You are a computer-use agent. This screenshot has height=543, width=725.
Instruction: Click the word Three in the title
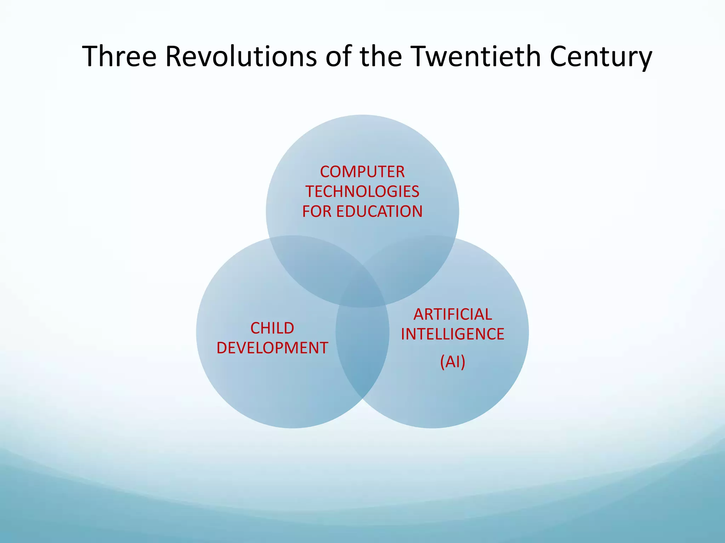coord(119,57)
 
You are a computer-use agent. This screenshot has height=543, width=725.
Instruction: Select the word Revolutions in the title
coord(241,57)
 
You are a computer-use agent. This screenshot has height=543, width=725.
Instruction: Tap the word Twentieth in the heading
coord(474,57)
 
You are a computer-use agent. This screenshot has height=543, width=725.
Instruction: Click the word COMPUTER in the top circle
coord(362,172)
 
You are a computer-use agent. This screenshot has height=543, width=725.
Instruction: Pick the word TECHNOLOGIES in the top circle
coord(362,192)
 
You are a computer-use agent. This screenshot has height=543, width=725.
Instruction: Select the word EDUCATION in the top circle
coord(379,212)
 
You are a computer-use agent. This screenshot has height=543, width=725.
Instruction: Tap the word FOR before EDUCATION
coord(317,212)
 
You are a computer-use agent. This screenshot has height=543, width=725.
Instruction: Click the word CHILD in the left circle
coord(272,328)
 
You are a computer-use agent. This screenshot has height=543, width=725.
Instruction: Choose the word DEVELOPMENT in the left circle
coord(272,348)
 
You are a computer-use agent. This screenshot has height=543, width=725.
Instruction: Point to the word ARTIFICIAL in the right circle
coord(453,315)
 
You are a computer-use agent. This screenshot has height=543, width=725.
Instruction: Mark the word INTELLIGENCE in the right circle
coord(453,334)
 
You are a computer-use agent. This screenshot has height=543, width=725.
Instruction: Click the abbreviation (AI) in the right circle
coord(453,362)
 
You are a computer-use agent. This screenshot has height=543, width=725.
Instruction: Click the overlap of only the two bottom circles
coord(362,354)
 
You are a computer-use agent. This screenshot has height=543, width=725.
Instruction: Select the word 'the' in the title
coord(381,57)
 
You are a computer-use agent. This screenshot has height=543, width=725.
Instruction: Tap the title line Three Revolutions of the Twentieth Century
coord(367,57)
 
